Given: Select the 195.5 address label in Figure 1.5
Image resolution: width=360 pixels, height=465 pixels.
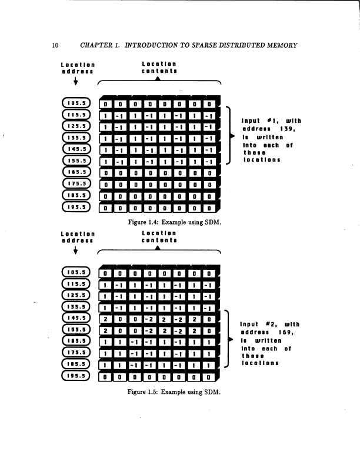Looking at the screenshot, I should (78, 374).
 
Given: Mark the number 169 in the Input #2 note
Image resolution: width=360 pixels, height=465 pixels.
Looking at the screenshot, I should (288, 332).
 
